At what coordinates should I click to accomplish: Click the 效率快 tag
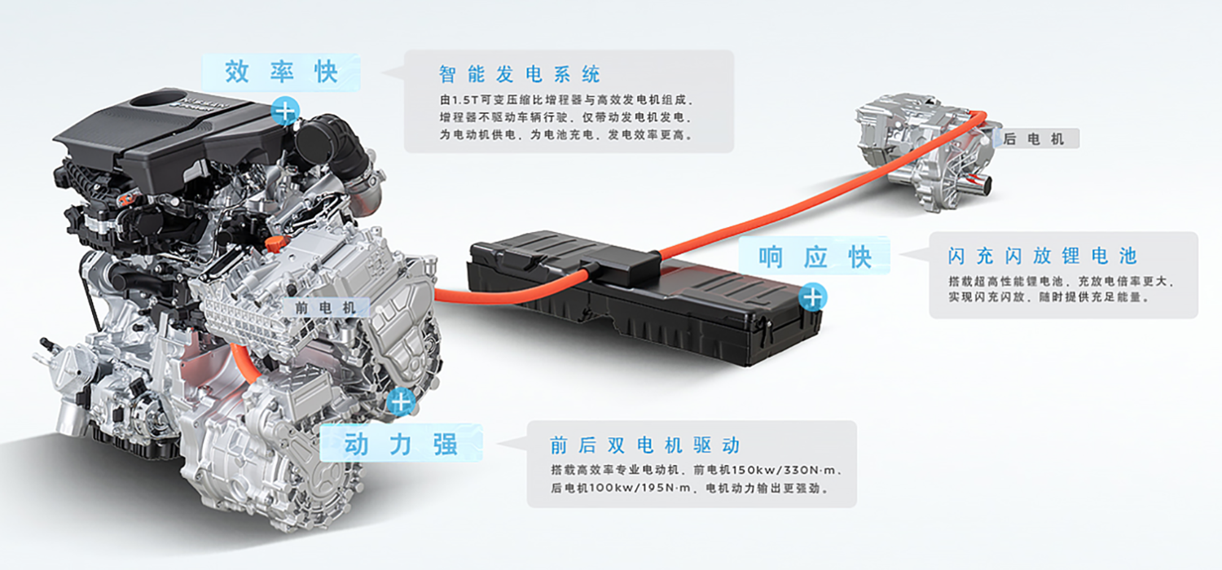pos(281,72)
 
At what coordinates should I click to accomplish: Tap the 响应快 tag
pos(815,256)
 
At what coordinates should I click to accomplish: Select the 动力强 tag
pos(401,444)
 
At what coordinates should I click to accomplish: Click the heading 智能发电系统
pos(520,74)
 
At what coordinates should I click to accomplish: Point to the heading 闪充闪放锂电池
pos(1042,255)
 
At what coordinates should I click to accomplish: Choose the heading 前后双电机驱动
pos(645,445)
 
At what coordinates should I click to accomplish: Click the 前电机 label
pos(325,308)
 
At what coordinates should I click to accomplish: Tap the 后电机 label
pos(1033,139)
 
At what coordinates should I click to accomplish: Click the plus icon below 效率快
pos(285,112)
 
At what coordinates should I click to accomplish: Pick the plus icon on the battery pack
pos(813,297)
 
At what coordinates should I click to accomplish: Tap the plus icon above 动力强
pos(401,402)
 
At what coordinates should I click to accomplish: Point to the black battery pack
pos(644,297)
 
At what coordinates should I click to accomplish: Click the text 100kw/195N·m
pos(640,488)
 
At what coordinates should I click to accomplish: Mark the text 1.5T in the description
pos(464,100)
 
